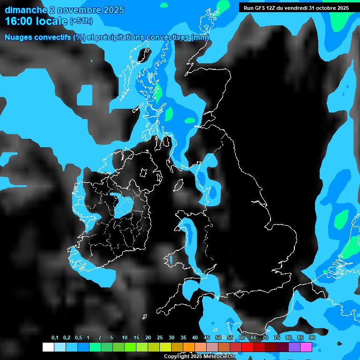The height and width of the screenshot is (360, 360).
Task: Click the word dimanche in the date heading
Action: pos(26,10)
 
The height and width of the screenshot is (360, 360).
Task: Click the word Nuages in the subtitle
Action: pos(17,37)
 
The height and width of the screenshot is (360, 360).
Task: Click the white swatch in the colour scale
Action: pos(48,347)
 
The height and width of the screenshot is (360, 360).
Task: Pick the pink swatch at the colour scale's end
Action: pos(306,347)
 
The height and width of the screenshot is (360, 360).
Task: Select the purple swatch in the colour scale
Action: pos(294,347)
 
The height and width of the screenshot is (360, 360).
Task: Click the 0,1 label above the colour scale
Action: pos(55,338)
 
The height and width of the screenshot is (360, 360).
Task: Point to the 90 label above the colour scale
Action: pos(312,338)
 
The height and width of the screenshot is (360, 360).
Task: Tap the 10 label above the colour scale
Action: pos(124,338)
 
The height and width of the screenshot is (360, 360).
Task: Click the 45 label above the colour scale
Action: pos(206,338)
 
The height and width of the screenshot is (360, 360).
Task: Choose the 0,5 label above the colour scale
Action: pos(78,338)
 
